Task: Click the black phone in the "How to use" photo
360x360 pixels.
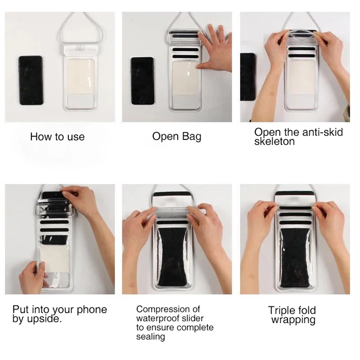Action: pyautogui.click(x=31, y=81)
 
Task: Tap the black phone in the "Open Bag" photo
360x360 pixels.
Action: pyautogui.click(x=142, y=81)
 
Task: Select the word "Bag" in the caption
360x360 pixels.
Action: pyautogui.click(x=192, y=137)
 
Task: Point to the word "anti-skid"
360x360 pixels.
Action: pyautogui.click(x=322, y=132)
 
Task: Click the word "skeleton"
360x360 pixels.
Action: pyautogui.click(x=274, y=141)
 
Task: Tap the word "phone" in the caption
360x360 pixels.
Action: pyautogui.click(x=92, y=310)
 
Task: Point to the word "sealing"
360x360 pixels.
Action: pyautogui.click(x=150, y=337)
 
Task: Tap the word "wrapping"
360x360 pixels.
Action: pyautogui.click(x=293, y=320)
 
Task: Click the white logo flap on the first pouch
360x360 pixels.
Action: pyautogui.click(x=81, y=50)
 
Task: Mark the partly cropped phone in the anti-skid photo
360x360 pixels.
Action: pyautogui.click(x=247, y=77)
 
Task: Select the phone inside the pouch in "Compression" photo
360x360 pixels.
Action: pyautogui.click(x=173, y=256)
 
